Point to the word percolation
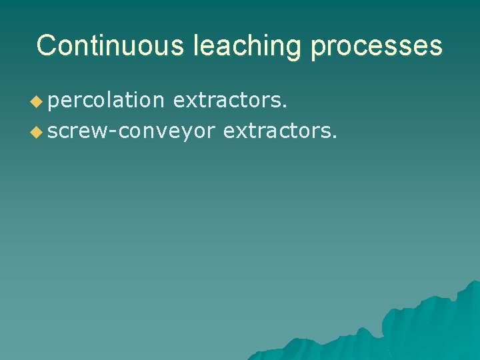point(105,101)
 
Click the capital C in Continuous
point(47,45)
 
